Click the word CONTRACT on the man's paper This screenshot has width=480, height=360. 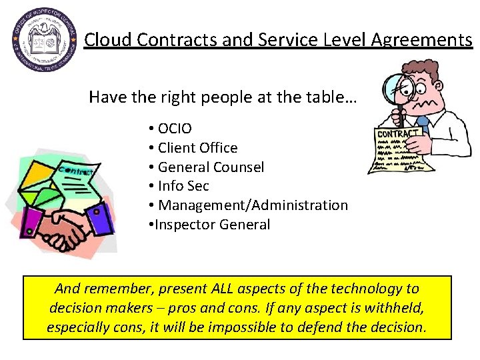[x=398, y=134]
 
